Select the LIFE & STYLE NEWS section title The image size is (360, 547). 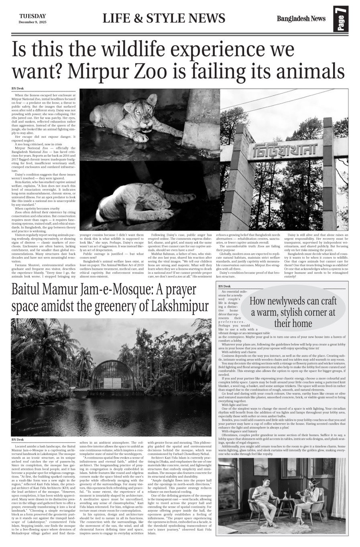(x=164, y=18)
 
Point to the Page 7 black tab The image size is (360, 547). (x=340, y=20)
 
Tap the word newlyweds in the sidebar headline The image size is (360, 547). (x=290, y=301)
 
